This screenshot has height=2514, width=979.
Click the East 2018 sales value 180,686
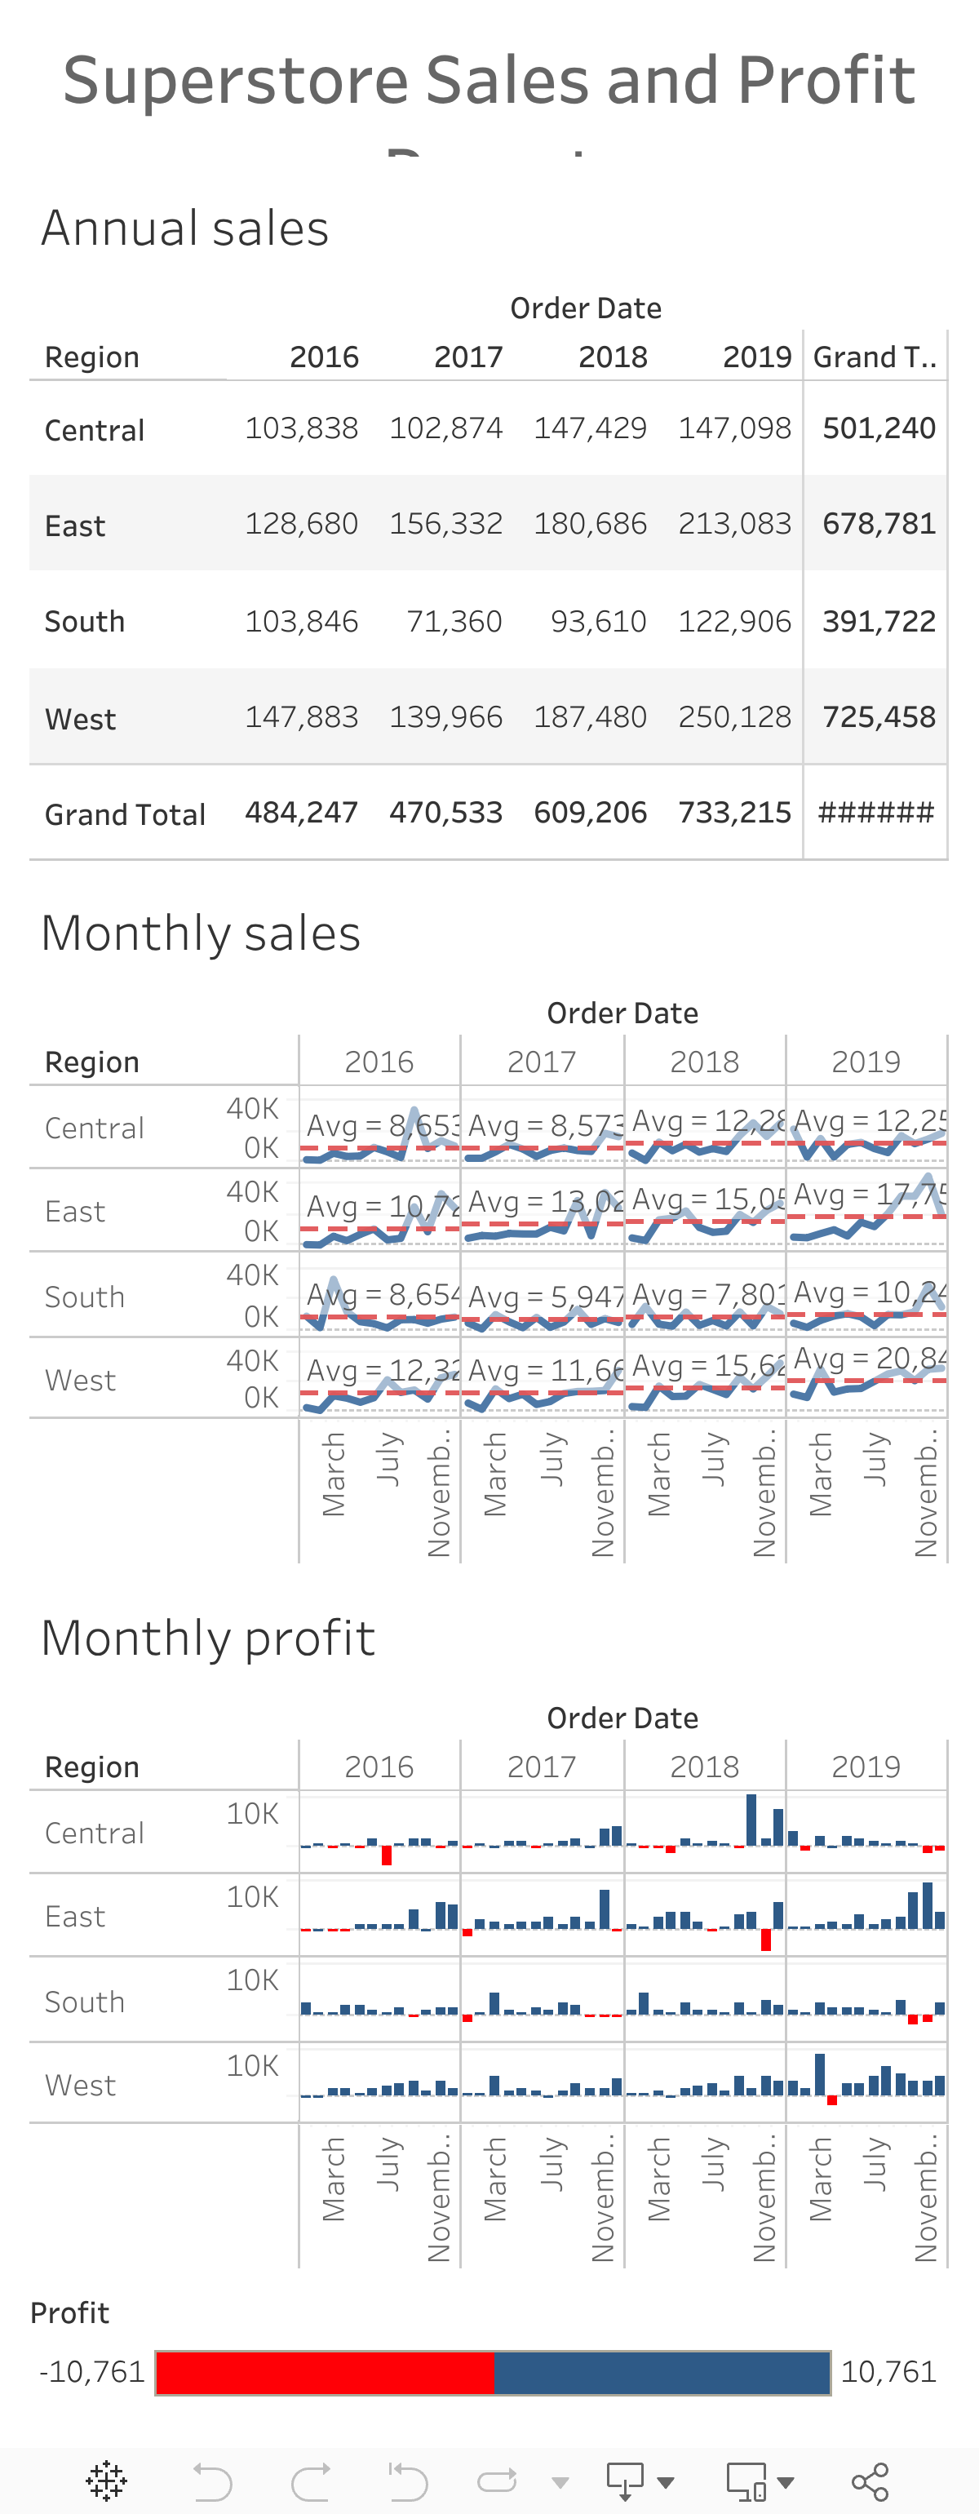pos(590,524)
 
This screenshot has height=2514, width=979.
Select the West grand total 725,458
pos(879,717)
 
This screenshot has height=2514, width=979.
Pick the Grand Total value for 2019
pos(734,813)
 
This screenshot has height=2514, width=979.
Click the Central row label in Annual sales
pos(95,430)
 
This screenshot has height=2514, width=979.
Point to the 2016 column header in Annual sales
pos(324,357)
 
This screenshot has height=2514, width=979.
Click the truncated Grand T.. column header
pos(875,357)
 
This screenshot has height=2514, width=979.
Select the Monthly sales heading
pos(201,933)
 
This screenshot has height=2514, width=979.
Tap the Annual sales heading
pos(185,228)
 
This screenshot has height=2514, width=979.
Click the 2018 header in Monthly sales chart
pos(704,1062)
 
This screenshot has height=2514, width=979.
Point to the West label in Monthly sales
pos(80,1381)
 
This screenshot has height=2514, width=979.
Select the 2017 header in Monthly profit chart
pos(542,1767)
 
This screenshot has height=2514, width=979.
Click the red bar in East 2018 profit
pos(765,1940)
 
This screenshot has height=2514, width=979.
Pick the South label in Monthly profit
pos(85,2002)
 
